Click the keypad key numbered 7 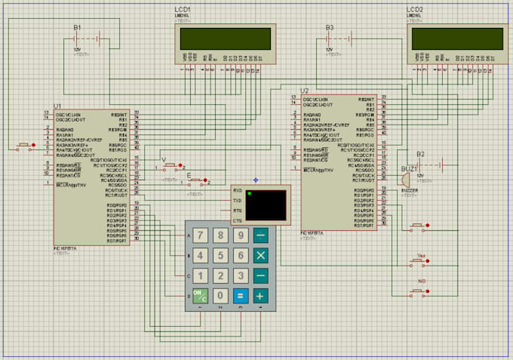200,235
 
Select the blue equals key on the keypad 240,296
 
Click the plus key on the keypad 260,296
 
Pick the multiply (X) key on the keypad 260,255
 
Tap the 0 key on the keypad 220,296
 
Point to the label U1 57,106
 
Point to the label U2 305,90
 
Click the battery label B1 77,27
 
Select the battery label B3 330,27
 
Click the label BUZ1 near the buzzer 409,169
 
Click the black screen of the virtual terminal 266,205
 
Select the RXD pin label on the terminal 237,191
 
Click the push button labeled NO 420,291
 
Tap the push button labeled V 172,165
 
